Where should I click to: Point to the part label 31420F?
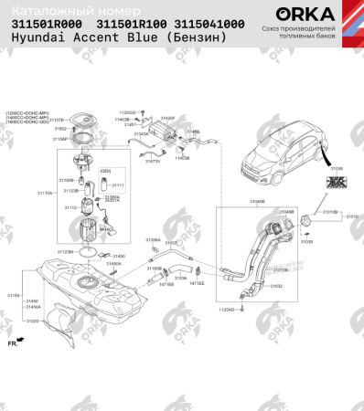pyautogui.click(x=167, y=118)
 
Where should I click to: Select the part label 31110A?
pyautogui.click(x=45, y=194)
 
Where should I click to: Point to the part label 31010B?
pyautogui.click(x=329, y=211)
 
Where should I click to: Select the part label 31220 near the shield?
pyautogui.click(x=32, y=321)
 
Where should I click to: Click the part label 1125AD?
pyautogui.click(x=225, y=310)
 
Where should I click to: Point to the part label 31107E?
pyautogui.click(x=56, y=120)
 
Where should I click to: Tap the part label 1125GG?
pyautogui.click(x=127, y=111)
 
